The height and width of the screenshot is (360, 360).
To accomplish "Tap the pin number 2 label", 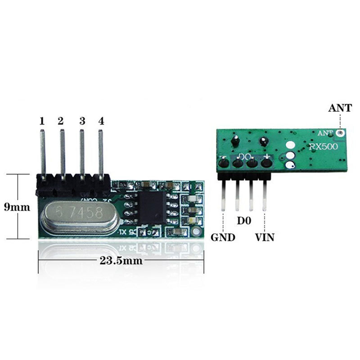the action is click(61, 121).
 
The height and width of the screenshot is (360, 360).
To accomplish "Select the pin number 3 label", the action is click(82, 121).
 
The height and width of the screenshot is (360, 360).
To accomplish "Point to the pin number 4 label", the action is click(101, 121).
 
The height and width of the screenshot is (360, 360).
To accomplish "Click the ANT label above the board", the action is click(341, 108).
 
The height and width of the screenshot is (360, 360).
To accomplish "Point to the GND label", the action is click(223, 237).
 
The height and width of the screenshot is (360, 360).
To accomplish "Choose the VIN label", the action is click(265, 237).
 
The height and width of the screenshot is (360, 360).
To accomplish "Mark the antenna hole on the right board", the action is click(341, 133).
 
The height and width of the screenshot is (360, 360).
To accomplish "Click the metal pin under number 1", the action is click(42, 153).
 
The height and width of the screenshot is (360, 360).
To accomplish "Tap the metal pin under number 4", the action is click(101, 153).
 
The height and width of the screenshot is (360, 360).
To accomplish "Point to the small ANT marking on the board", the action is click(325, 133).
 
